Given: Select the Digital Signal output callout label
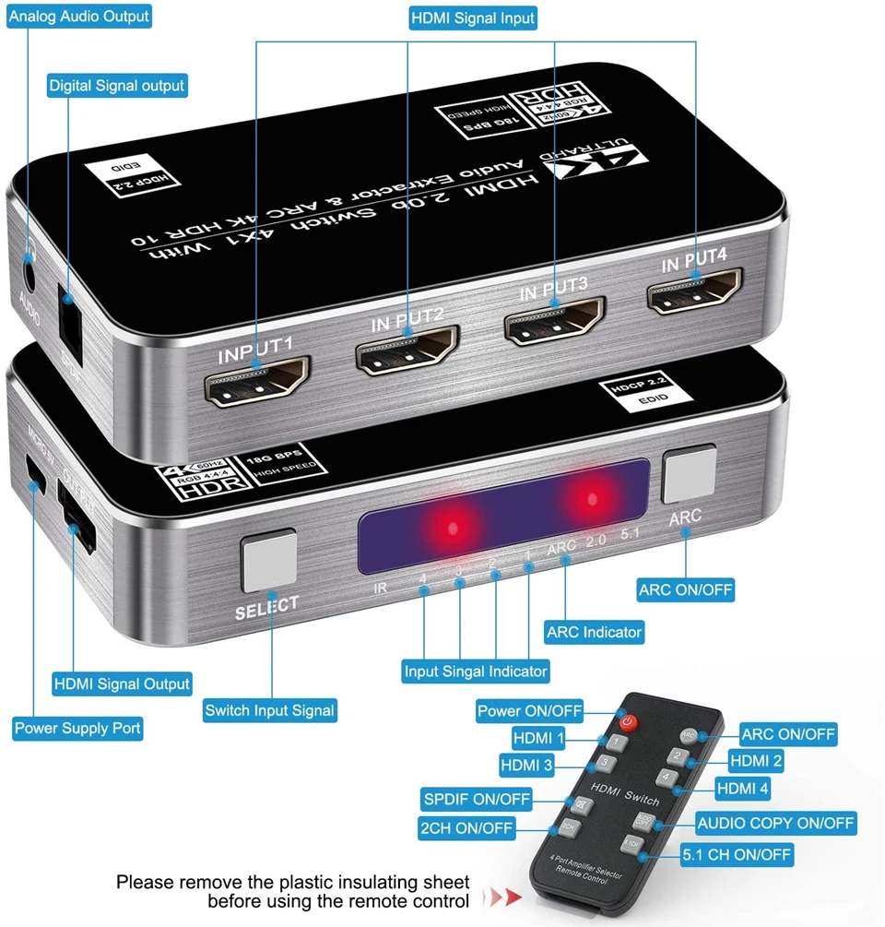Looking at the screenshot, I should coord(116,86).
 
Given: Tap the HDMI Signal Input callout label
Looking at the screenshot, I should coord(473,18).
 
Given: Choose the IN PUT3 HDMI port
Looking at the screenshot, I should coord(553,321).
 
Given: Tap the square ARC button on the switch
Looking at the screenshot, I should coord(689,476).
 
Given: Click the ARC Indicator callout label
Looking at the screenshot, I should coord(594,632).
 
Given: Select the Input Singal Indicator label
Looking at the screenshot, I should coord(476,671).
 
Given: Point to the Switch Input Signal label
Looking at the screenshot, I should coord(269,710).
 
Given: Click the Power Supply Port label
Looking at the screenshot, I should coord(77,729).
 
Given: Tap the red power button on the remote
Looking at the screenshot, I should coord(629,721).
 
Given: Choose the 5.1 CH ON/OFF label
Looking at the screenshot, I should coord(737,855).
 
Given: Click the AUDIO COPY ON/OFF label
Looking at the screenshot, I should coord(775,822).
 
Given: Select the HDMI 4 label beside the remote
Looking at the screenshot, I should coord(743,789).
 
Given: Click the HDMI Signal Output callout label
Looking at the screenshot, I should coord(122,683).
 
